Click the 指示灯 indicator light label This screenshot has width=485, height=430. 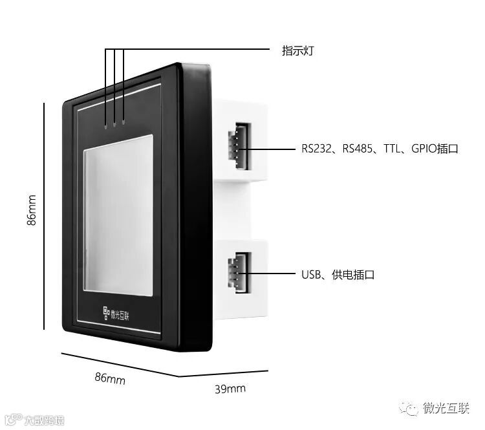point(298,50)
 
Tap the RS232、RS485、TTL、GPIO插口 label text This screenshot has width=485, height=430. point(380,149)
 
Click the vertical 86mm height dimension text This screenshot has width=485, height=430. point(32,211)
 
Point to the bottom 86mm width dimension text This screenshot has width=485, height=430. point(110,378)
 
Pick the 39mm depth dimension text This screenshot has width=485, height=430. point(230,389)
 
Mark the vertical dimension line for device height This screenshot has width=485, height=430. point(45,216)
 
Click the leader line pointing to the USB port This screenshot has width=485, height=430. point(272,274)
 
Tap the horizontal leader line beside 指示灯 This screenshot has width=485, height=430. point(194,50)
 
